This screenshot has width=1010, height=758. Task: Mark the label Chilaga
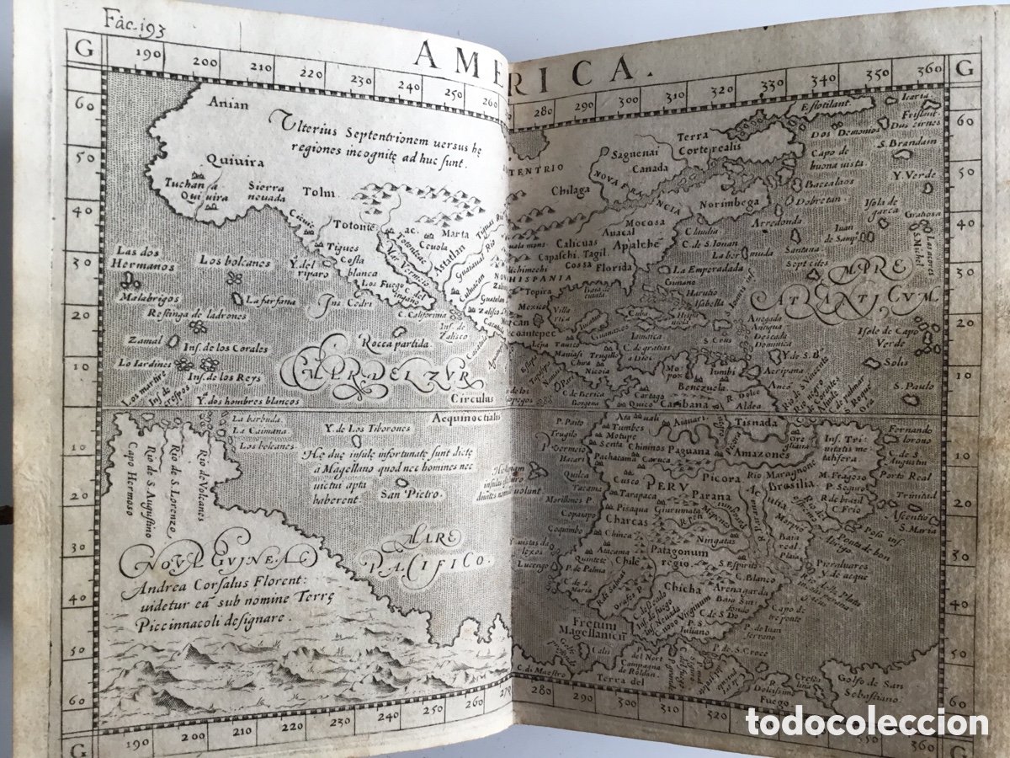point(571,190)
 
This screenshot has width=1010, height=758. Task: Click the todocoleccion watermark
point(867,723)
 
